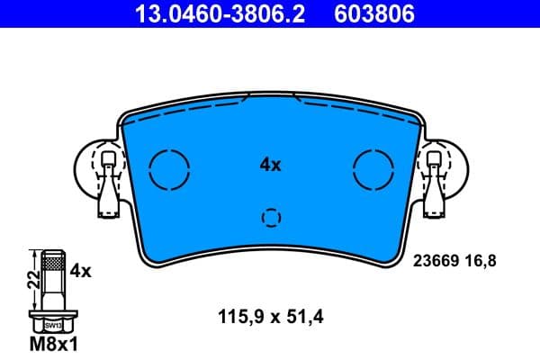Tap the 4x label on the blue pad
pos(270,165)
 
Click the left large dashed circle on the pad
pos(169,167)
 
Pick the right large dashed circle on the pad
pos(374,167)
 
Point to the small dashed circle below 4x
pos(271,217)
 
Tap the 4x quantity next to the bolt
pos(81,269)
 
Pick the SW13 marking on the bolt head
pos(53,325)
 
